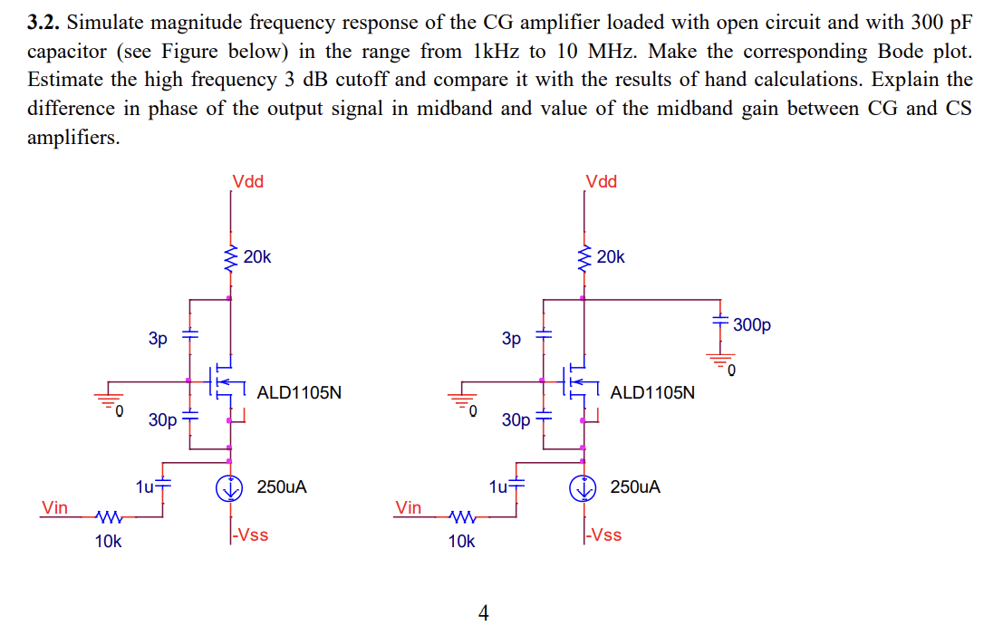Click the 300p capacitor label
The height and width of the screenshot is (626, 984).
(x=751, y=324)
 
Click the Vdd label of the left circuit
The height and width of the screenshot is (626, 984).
(x=247, y=182)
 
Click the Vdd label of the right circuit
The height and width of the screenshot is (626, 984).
(x=601, y=182)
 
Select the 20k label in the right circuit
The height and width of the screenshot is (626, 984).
(x=611, y=257)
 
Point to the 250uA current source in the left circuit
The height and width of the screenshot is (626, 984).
(x=230, y=487)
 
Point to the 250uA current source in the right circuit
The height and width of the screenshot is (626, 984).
(x=584, y=487)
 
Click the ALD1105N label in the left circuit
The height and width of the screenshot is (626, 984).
(x=299, y=393)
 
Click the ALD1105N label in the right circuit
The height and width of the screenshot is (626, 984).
(x=652, y=393)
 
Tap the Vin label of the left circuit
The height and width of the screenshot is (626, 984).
(x=54, y=507)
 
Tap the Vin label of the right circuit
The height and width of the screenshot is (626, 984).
(x=408, y=507)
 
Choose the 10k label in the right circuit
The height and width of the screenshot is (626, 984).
(x=461, y=542)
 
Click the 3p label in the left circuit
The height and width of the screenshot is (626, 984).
(x=158, y=339)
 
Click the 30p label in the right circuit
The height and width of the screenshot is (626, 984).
(x=516, y=420)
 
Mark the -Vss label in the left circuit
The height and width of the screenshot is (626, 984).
(x=251, y=535)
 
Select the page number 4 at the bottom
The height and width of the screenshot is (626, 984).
(x=483, y=614)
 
